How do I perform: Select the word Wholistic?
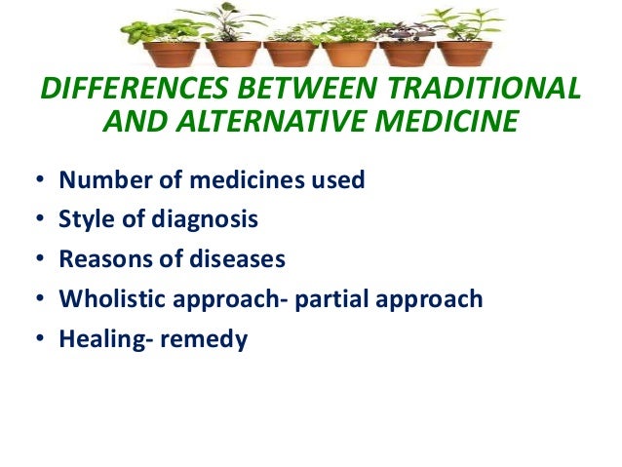111,299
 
